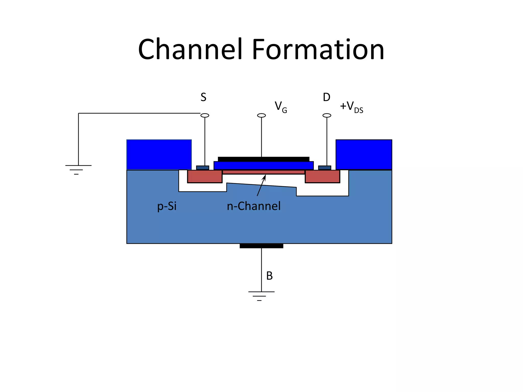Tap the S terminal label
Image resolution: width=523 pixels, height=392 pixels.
pos(203,97)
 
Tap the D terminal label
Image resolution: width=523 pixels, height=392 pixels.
pos(326,97)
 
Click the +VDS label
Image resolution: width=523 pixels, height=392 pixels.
pos(351,107)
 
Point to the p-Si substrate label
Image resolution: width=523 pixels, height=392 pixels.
pos(167,206)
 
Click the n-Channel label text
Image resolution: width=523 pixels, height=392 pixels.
pos(254,206)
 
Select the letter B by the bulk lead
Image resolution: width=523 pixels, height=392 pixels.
pos(269,276)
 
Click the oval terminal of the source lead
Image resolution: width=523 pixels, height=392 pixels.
pos(205,116)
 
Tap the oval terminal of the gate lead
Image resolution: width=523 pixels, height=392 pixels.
pos(261,116)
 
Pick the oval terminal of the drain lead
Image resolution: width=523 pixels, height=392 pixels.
pos(327,116)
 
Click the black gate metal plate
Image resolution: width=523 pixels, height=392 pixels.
pos(264,159)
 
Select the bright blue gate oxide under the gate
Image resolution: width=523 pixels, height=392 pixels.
pos(264,166)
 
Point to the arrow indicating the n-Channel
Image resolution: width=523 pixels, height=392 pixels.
pos(261,186)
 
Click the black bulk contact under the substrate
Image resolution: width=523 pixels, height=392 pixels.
pos(261,246)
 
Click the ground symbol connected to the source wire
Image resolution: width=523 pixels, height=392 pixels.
pos(78,170)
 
